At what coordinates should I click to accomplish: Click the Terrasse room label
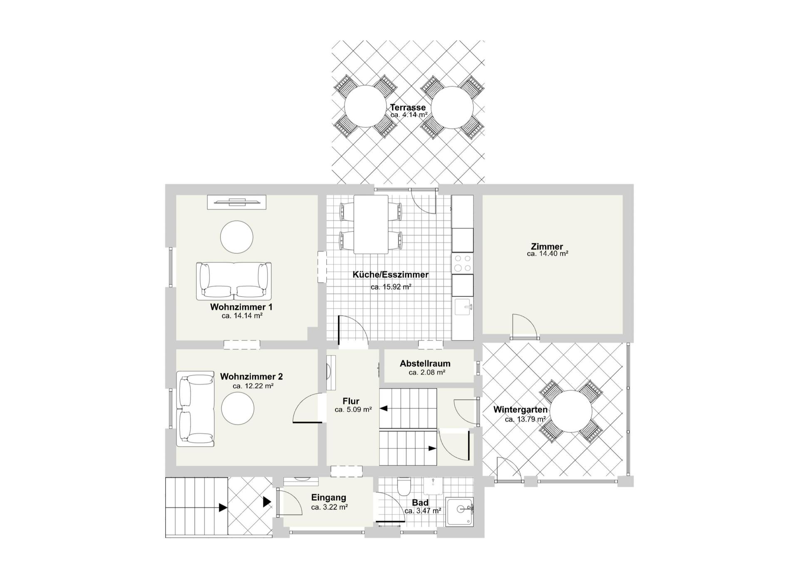pyautogui.click(x=408, y=107)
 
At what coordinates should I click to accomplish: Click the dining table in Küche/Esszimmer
pyautogui.click(x=371, y=224)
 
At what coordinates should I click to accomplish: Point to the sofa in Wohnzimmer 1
pyautogui.click(x=234, y=281)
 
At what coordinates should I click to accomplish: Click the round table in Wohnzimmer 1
pyautogui.click(x=236, y=237)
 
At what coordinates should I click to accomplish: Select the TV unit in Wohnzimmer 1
pyautogui.click(x=237, y=202)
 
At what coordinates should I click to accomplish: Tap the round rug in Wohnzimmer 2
pyautogui.click(x=238, y=408)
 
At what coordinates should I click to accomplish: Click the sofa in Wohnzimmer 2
pyautogui.click(x=195, y=409)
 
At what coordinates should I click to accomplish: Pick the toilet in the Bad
pyautogui.click(x=404, y=487)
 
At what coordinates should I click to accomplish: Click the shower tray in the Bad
pyautogui.click(x=459, y=512)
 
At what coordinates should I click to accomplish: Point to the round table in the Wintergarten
pyautogui.click(x=571, y=411)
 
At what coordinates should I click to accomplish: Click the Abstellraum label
pyautogui.click(x=425, y=363)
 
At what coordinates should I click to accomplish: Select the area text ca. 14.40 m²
pyautogui.click(x=548, y=253)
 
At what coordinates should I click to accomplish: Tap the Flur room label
pyautogui.click(x=351, y=401)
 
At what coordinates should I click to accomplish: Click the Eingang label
pyautogui.click(x=329, y=497)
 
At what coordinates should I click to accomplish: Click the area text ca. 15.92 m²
pyautogui.click(x=391, y=287)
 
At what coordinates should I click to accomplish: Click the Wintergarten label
pyautogui.click(x=521, y=409)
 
